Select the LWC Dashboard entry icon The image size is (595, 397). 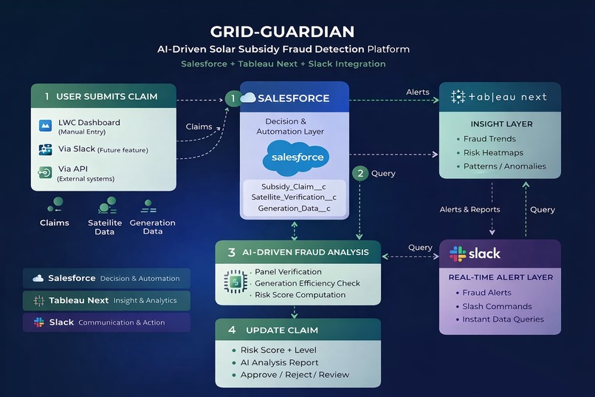[45, 126]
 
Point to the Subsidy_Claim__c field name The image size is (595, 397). [293, 186]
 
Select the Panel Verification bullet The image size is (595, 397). [288, 272]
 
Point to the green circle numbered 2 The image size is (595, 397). [360, 174]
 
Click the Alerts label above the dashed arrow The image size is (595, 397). [417, 92]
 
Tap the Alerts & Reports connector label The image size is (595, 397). [470, 209]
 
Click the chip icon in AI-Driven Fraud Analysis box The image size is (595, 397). [234, 282]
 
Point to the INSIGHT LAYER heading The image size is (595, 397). [501, 123]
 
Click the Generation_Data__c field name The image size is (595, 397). [294, 208]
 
